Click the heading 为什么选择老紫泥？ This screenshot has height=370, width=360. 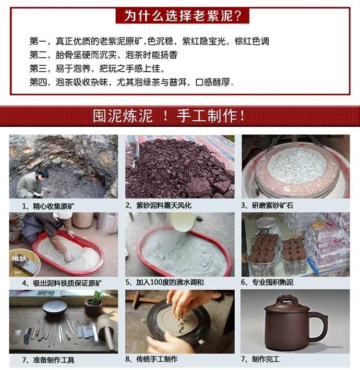pos(182,16)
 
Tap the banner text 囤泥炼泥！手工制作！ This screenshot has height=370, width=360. pos(169,116)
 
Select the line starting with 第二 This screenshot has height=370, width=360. pos(103,55)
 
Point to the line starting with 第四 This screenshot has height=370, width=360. pos(131,82)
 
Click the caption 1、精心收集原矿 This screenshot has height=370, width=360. pos(48,206)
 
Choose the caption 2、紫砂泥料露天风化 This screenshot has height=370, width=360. pos(158,206)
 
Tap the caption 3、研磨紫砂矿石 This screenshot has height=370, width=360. pos(267,206)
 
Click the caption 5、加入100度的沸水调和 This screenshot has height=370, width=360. pos(165,283)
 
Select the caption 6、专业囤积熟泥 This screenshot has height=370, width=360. pos(267,283)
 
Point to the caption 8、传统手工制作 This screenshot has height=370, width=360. pos(152,359)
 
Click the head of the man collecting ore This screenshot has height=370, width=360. pos(43,174)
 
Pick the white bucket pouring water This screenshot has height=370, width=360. pos(183,222)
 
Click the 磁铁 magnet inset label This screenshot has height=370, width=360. pos(19,259)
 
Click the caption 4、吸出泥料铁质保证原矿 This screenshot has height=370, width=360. pos(62,283)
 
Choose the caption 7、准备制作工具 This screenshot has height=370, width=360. pos(48,360)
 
